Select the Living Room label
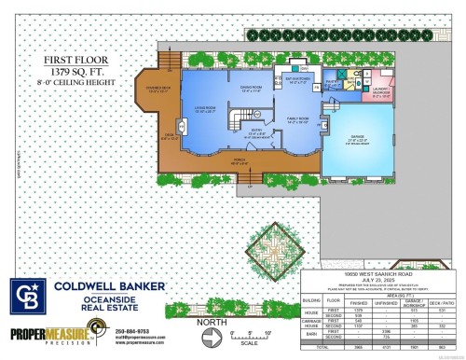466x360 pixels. (195, 111)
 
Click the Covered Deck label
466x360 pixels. (153, 90)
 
